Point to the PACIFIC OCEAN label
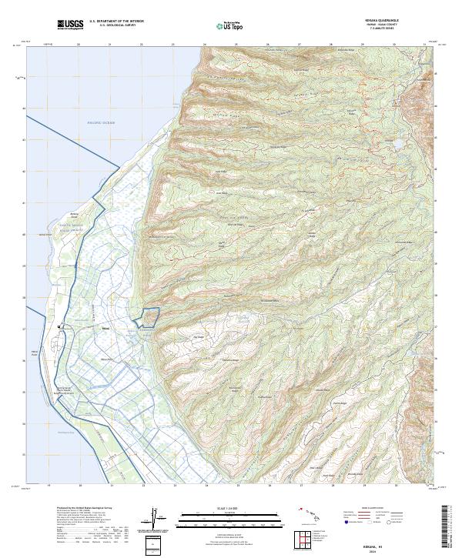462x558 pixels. pyautogui.click(x=100, y=123)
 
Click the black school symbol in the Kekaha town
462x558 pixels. pyautogui.click(x=60, y=328)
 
